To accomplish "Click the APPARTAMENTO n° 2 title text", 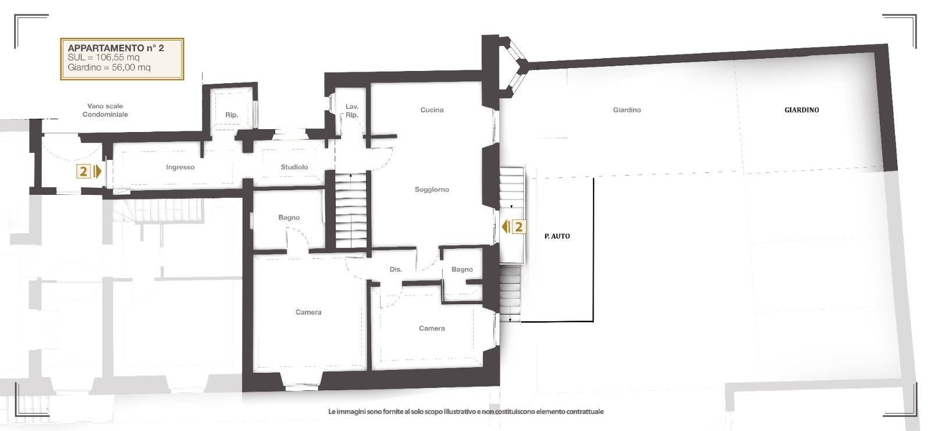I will point(116,48).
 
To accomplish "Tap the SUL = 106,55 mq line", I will point(104,58).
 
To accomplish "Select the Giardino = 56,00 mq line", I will point(109,67).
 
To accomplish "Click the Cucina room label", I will point(432,110).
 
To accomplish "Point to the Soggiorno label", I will point(432,190).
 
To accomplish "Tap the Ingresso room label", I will point(180,168).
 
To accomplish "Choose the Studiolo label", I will point(294,168).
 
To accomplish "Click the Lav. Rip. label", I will point(351,111).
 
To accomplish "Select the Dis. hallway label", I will point(396,269).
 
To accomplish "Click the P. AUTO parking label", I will point(557,236).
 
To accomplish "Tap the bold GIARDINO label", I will point(801,110).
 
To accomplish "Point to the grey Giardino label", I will point(627,110).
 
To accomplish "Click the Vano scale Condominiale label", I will point(105,111).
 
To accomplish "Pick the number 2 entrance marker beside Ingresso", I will point(84,172).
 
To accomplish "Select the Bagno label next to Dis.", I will point(462,269).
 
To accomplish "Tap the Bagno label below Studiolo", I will point(289,218).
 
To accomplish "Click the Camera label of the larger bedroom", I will point(308,312).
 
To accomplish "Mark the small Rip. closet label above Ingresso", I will point(232,115).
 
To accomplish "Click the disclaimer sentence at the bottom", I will point(465,412).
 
